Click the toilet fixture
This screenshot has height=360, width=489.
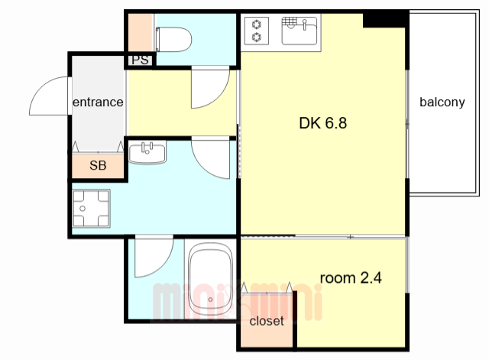coord(173,39)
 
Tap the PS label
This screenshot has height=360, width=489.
coord(141,60)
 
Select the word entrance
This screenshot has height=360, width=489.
coord(98,102)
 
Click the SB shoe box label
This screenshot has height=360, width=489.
coord(98,165)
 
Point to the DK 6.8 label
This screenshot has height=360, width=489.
coord(322,123)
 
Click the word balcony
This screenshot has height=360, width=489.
coord(442,102)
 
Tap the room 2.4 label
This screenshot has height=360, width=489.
coord(351,277)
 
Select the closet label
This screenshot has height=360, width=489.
coord(267,321)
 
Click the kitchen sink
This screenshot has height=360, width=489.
coord(300,31)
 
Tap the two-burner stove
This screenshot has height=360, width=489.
coord(257,31)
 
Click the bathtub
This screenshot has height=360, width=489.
coord(211,279)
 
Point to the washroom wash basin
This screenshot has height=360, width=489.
coord(147,152)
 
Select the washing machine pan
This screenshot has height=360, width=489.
coord(91,208)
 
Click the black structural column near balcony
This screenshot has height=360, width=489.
coord(386,20)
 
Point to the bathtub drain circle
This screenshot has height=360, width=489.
coord(211,300)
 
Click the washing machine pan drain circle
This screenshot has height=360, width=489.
coord(83,209)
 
